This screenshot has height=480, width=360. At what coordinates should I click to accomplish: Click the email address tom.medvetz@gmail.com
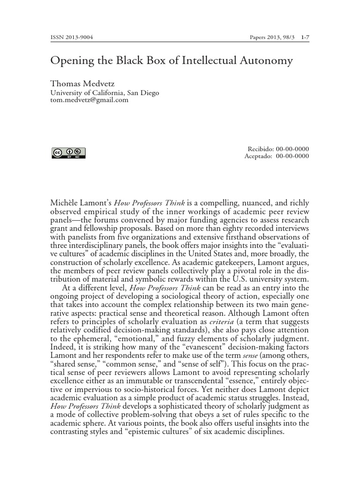click(89, 100)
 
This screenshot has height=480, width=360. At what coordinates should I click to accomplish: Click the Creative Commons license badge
click(68, 153)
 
